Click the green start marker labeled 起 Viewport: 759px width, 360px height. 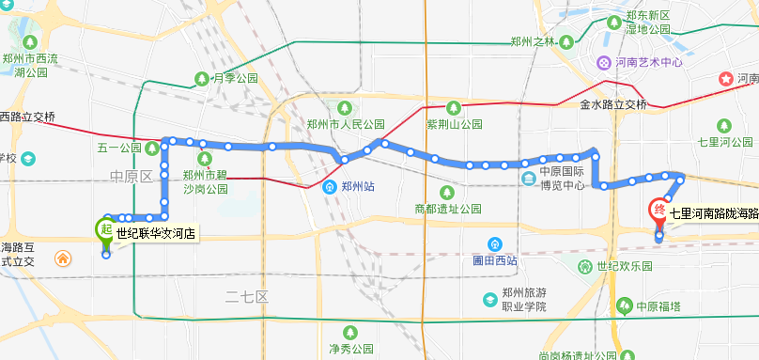(x=105, y=228)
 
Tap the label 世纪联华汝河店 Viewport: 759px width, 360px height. (x=156, y=232)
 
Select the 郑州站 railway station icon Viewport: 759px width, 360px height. (x=330, y=186)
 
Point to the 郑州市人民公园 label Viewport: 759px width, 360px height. (x=346, y=123)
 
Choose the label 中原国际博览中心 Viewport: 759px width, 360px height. (x=565, y=179)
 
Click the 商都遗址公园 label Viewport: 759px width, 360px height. (x=447, y=208)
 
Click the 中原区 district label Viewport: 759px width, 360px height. (x=131, y=176)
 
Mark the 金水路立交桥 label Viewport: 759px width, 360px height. (x=613, y=103)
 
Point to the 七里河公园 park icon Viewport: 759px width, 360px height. (x=723, y=126)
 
